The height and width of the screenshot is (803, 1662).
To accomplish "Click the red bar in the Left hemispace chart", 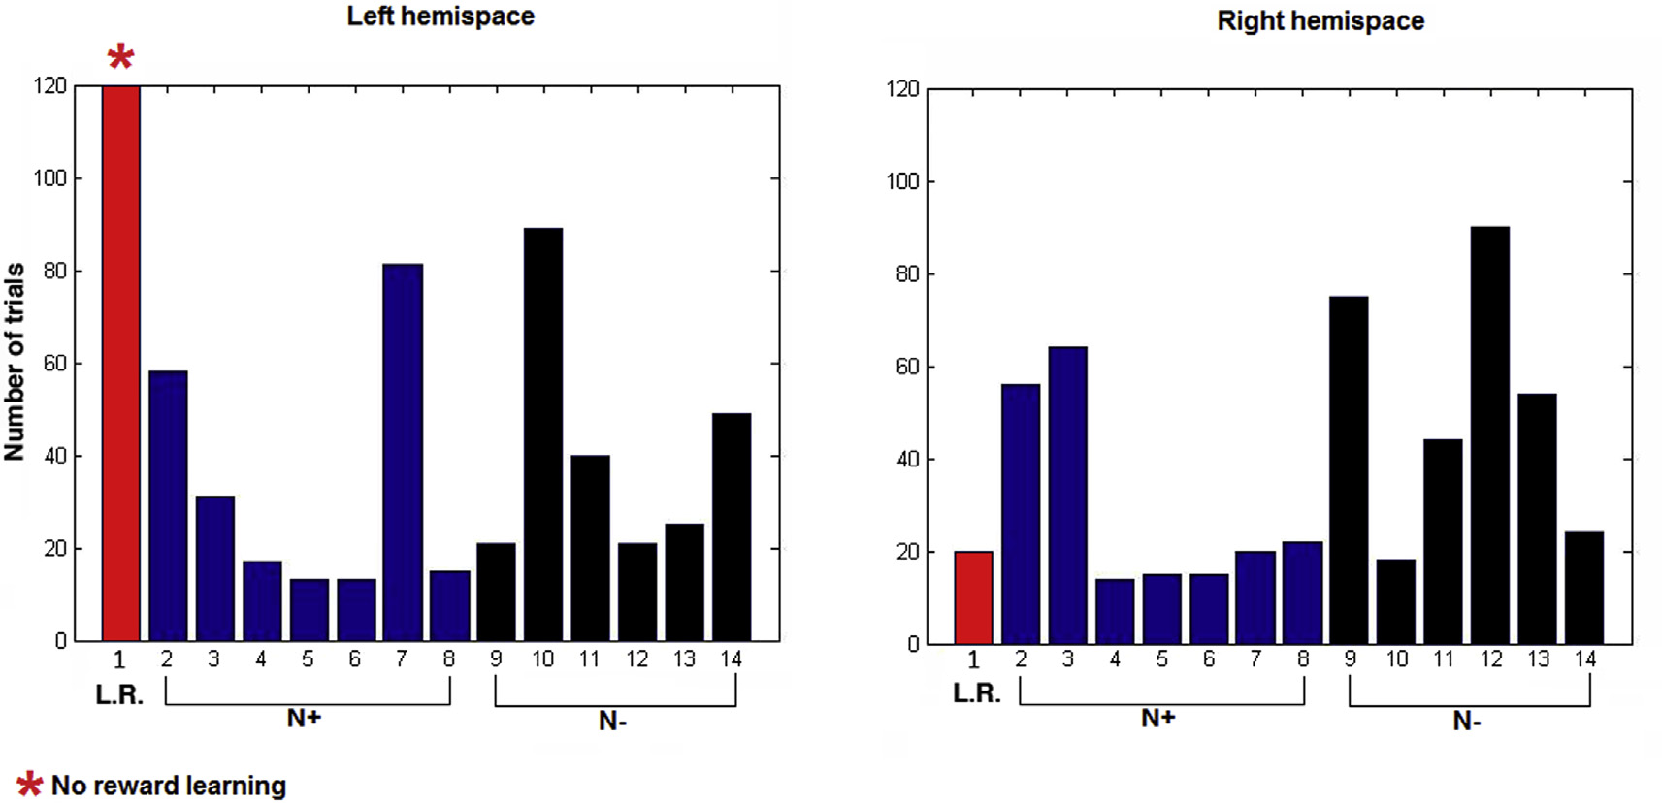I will click(121, 364).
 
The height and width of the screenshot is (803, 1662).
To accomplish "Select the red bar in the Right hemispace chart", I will click(973, 597).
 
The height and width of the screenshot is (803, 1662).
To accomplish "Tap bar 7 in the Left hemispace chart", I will click(403, 452).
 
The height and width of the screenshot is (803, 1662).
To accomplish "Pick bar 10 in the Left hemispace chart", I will click(543, 434).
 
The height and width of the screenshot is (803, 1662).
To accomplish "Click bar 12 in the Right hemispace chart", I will click(1490, 435).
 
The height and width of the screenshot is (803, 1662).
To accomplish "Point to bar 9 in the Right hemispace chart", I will click(1349, 470).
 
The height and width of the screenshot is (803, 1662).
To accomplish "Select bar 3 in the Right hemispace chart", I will click(1067, 496).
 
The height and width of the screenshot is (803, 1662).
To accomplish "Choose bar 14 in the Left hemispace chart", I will click(732, 527).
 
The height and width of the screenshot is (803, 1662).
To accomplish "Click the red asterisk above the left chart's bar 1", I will click(120, 56).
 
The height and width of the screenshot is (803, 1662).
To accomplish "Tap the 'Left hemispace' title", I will click(440, 16).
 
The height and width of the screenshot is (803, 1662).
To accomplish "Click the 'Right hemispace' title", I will click(1320, 21).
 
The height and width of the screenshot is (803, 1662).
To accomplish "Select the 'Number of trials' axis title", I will click(15, 362).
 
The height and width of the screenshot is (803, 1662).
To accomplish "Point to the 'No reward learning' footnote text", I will click(168, 785).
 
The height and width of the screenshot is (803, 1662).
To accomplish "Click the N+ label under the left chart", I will click(304, 718).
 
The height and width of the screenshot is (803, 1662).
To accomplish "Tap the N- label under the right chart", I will click(1467, 721).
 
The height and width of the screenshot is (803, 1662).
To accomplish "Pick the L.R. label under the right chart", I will click(976, 693).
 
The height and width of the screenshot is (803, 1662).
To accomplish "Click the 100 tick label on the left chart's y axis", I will click(50, 178).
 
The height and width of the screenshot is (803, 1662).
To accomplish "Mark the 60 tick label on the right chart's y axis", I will click(907, 367).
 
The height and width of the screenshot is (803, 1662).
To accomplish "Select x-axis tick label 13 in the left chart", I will click(684, 659).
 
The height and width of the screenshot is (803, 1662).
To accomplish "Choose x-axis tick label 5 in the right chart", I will click(1161, 659).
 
